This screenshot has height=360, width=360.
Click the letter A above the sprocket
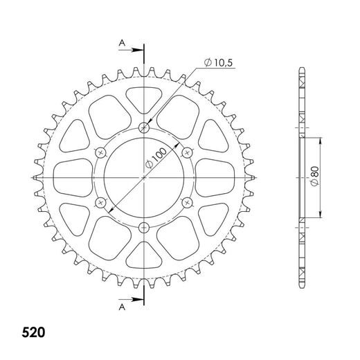coord(121,43)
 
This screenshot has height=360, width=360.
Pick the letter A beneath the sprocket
coord(121,305)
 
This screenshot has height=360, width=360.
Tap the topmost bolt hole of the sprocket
coord(144,127)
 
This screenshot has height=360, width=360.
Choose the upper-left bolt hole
coord(101,152)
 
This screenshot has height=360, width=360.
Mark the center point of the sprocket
coord(144,177)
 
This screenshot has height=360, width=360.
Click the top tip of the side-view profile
coord(302,70)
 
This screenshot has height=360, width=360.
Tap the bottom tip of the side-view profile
coord(302,285)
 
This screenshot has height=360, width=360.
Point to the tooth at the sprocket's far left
coord(34,177)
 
